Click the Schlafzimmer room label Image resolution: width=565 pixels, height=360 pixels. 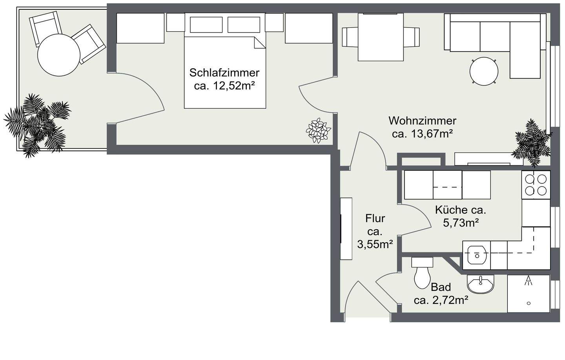pyautogui.click(x=224, y=73)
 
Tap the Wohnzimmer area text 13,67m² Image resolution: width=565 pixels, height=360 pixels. pyautogui.click(x=423, y=134)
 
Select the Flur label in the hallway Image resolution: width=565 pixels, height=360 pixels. pyautogui.click(x=375, y=218)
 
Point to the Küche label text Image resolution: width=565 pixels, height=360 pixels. pyautogui.click(x=461, y=210)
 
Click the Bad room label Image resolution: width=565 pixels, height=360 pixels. pyautogui.click(x=441, y=287)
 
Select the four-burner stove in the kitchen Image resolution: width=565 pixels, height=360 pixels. pyautogui.click(x=536, y=185)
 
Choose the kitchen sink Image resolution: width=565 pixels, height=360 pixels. pyautogui.click(x=477, y=255)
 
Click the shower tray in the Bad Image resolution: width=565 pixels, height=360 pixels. pyautogui.click(x=529, y=294)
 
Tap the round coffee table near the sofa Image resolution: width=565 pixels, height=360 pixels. pyautogui.click(x=484, y=71)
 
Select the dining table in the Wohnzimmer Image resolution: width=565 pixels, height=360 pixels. pyautogui.click(x=381, y=37)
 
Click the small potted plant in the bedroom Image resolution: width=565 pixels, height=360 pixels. pyautogui.click(x=318, y=130)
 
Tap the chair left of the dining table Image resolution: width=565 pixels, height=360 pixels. pyautogui.click(x=349, y=37)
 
